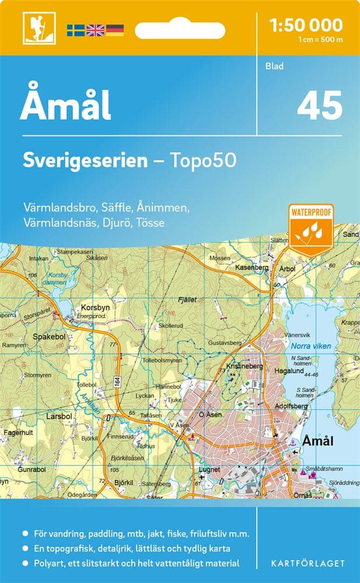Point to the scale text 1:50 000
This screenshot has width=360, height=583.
pos(306,24)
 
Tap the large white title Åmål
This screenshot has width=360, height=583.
pos(66,106)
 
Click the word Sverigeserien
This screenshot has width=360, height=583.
pos(85,160)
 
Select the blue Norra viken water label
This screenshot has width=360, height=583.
pos(310,346)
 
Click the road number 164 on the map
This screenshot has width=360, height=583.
pos(117,382)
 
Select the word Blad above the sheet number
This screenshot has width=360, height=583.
pos(274,66)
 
